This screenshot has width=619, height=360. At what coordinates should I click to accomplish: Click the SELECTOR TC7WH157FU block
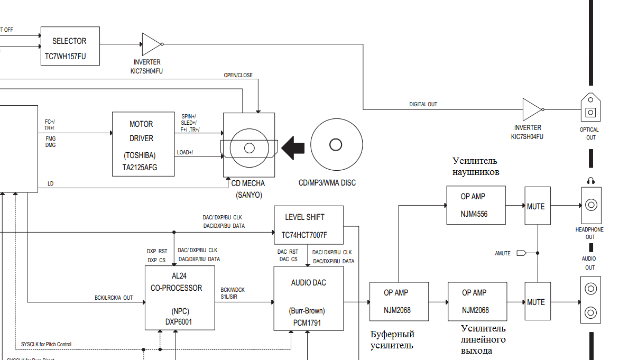click(70, 46)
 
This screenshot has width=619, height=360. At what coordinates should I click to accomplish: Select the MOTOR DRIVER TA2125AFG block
click(143, 144)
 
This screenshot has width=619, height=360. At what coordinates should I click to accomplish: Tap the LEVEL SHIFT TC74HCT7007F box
click(309, 225)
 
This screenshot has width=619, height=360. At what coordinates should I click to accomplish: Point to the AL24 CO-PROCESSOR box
click(180, 298)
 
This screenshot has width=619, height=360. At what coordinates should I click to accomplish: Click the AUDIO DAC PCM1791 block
click(308, 298)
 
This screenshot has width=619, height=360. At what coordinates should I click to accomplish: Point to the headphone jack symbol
click(590, 206)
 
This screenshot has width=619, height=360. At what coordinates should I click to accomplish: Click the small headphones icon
click(590, 181)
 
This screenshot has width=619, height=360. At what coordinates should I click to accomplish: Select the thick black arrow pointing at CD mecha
click(294, 147)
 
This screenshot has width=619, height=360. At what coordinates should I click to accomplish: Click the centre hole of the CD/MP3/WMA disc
click(336, 144)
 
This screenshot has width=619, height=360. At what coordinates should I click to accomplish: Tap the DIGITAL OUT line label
click(423, 105)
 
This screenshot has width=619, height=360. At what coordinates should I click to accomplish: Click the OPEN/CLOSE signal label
click(238, 76)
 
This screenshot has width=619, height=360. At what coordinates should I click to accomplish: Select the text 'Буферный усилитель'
click(392, 340)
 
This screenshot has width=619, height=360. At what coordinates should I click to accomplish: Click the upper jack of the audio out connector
click(590, 289)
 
